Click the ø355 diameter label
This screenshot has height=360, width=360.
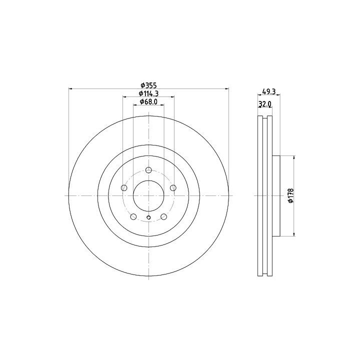(x=148, y=85)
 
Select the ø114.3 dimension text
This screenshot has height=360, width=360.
(x=148, y=93)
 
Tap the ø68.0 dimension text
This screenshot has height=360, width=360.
(x=148, y=101)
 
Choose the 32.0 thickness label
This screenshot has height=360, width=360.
(x=265, y=104)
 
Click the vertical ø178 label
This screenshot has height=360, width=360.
(x=291, y=195)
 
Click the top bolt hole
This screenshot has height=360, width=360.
(x=149, y=170)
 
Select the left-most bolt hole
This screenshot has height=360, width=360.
(x=124, y=188)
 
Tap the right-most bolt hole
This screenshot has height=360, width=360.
(x=173, y=188)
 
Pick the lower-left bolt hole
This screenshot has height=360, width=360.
(x=133, y=216)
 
